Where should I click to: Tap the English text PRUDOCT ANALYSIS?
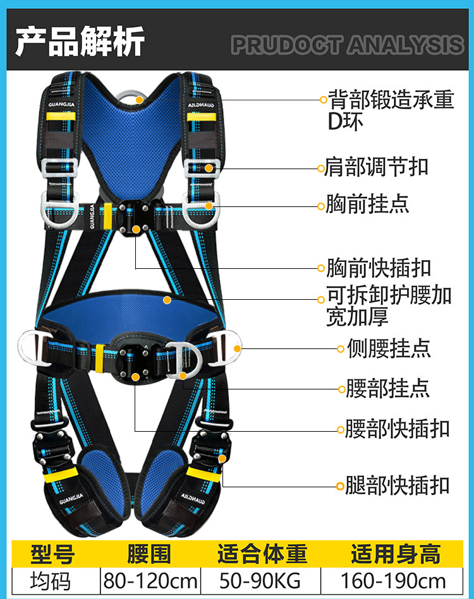347,45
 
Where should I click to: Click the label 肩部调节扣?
377,167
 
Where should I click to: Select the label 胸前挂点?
367,204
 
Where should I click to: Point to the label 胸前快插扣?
378,268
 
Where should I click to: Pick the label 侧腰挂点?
388,348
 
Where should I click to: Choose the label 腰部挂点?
387,388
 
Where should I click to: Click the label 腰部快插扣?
397,429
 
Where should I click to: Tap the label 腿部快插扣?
397,485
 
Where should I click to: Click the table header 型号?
52,554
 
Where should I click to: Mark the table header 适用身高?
396,554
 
